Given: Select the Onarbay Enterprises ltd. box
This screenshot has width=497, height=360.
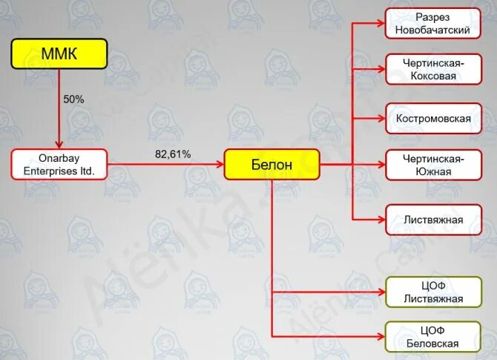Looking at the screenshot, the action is pyautogui.click(x=59, y=164).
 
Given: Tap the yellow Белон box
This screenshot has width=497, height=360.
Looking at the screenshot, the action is pyautogui.click(x=271, y=164).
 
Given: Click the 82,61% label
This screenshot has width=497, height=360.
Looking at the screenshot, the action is pyautogui.click(x=173, y=154).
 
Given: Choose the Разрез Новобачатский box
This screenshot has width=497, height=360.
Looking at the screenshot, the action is pyautogui.click(x=432, y=24).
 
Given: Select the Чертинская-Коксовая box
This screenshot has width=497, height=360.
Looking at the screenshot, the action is pyautogui.click(x=432, y=70).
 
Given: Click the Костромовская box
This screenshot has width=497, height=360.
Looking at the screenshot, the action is pyautogui.click(x=432, y=118).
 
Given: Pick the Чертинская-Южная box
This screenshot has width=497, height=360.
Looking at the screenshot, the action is pyautogui.click(x=432, y=164).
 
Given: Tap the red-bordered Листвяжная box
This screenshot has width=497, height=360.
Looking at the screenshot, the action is pyautogui.click(x=432, y=220).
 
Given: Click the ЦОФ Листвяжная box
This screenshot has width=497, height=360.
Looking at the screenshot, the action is pyautogui.click(x=432, y=292).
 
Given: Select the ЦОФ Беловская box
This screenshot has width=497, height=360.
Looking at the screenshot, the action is pyautogui.click(x=432, y=337).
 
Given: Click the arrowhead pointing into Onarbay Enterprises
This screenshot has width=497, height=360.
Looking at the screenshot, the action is pyautogui.click(x=59, y=145).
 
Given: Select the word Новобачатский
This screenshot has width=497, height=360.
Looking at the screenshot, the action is pyautogui.click(x=433, y=30).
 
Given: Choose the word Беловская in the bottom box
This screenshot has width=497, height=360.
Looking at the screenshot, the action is pyautogui.click(x=433, y=344).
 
